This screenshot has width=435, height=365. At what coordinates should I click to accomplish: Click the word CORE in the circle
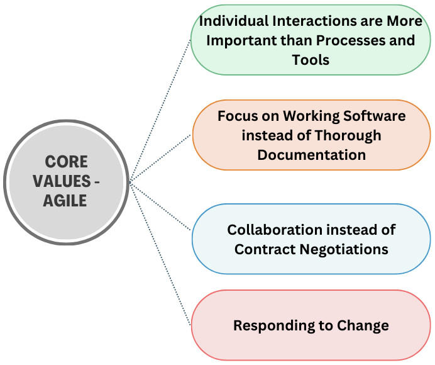(66, 162)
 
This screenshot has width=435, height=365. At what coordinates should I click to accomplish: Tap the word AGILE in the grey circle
(65, 201)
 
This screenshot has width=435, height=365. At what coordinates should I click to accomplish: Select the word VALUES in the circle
(62, 181)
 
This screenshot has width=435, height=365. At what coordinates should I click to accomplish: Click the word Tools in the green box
(311, 60)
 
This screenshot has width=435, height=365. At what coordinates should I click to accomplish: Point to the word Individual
(234, 21)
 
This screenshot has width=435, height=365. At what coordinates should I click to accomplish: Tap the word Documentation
(312, 155)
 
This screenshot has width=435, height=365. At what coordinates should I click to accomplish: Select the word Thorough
(348, 136)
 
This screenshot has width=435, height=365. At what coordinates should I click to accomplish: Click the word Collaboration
(275, 230)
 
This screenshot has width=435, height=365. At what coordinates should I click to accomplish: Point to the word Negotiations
(344, 249)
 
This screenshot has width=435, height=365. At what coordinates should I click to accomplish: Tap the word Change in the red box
(363, 326)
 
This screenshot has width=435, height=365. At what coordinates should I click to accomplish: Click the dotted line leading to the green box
(160, 111)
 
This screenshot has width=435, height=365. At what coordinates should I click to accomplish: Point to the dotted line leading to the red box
(160, 254)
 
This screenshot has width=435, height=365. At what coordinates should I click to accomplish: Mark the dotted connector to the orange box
(160, 159)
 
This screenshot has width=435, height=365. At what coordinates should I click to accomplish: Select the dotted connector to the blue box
(160, 206)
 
